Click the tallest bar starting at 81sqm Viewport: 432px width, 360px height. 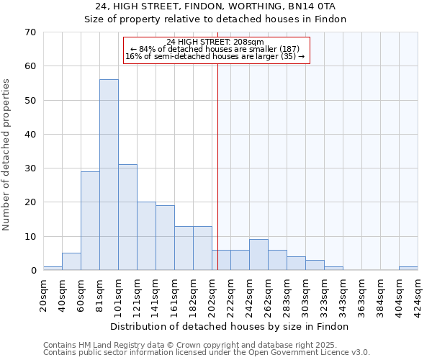[109, 175]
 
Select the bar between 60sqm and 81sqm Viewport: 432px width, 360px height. [90, 221]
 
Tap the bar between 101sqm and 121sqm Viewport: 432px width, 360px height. [127, 217]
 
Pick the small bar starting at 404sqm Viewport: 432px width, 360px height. [408, 269]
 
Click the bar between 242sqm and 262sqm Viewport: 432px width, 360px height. [258, 255]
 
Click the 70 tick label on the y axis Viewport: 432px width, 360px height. [30, 32]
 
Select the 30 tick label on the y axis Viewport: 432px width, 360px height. [30, 168]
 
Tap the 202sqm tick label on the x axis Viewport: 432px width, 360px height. [212, 292]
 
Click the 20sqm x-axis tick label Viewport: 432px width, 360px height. [43, 292]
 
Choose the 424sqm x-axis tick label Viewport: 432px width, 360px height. [418, 292]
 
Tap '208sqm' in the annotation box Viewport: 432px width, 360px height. [250, 42]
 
